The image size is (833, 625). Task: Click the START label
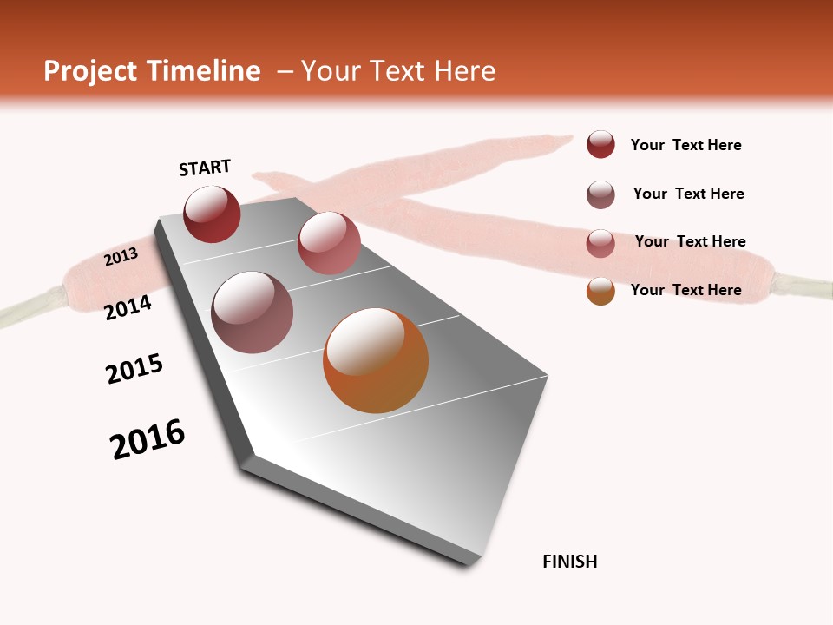[205, 168]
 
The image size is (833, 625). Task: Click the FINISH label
[569, 562]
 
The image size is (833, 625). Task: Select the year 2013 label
[121, 256]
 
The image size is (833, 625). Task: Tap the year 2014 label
[128, 307]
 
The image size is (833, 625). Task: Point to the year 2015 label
[134, 369]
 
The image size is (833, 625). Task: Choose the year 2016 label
[148, 439]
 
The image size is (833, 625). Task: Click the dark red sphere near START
[212, 214]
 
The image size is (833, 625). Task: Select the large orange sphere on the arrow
[376, 360]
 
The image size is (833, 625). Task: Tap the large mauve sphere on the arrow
[252, 312]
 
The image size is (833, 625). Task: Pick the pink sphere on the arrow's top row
[329, 243]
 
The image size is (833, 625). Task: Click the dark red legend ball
[600, 144]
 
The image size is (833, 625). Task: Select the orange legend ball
[600, 291]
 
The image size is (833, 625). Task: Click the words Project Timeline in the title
[152, 71]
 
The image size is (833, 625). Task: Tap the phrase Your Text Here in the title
[397, 71]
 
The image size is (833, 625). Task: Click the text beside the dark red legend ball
[685, 145]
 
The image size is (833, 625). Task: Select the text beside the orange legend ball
[685, 290]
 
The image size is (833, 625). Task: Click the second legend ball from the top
[600, 194]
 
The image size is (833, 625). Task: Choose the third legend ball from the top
[600, 243]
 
